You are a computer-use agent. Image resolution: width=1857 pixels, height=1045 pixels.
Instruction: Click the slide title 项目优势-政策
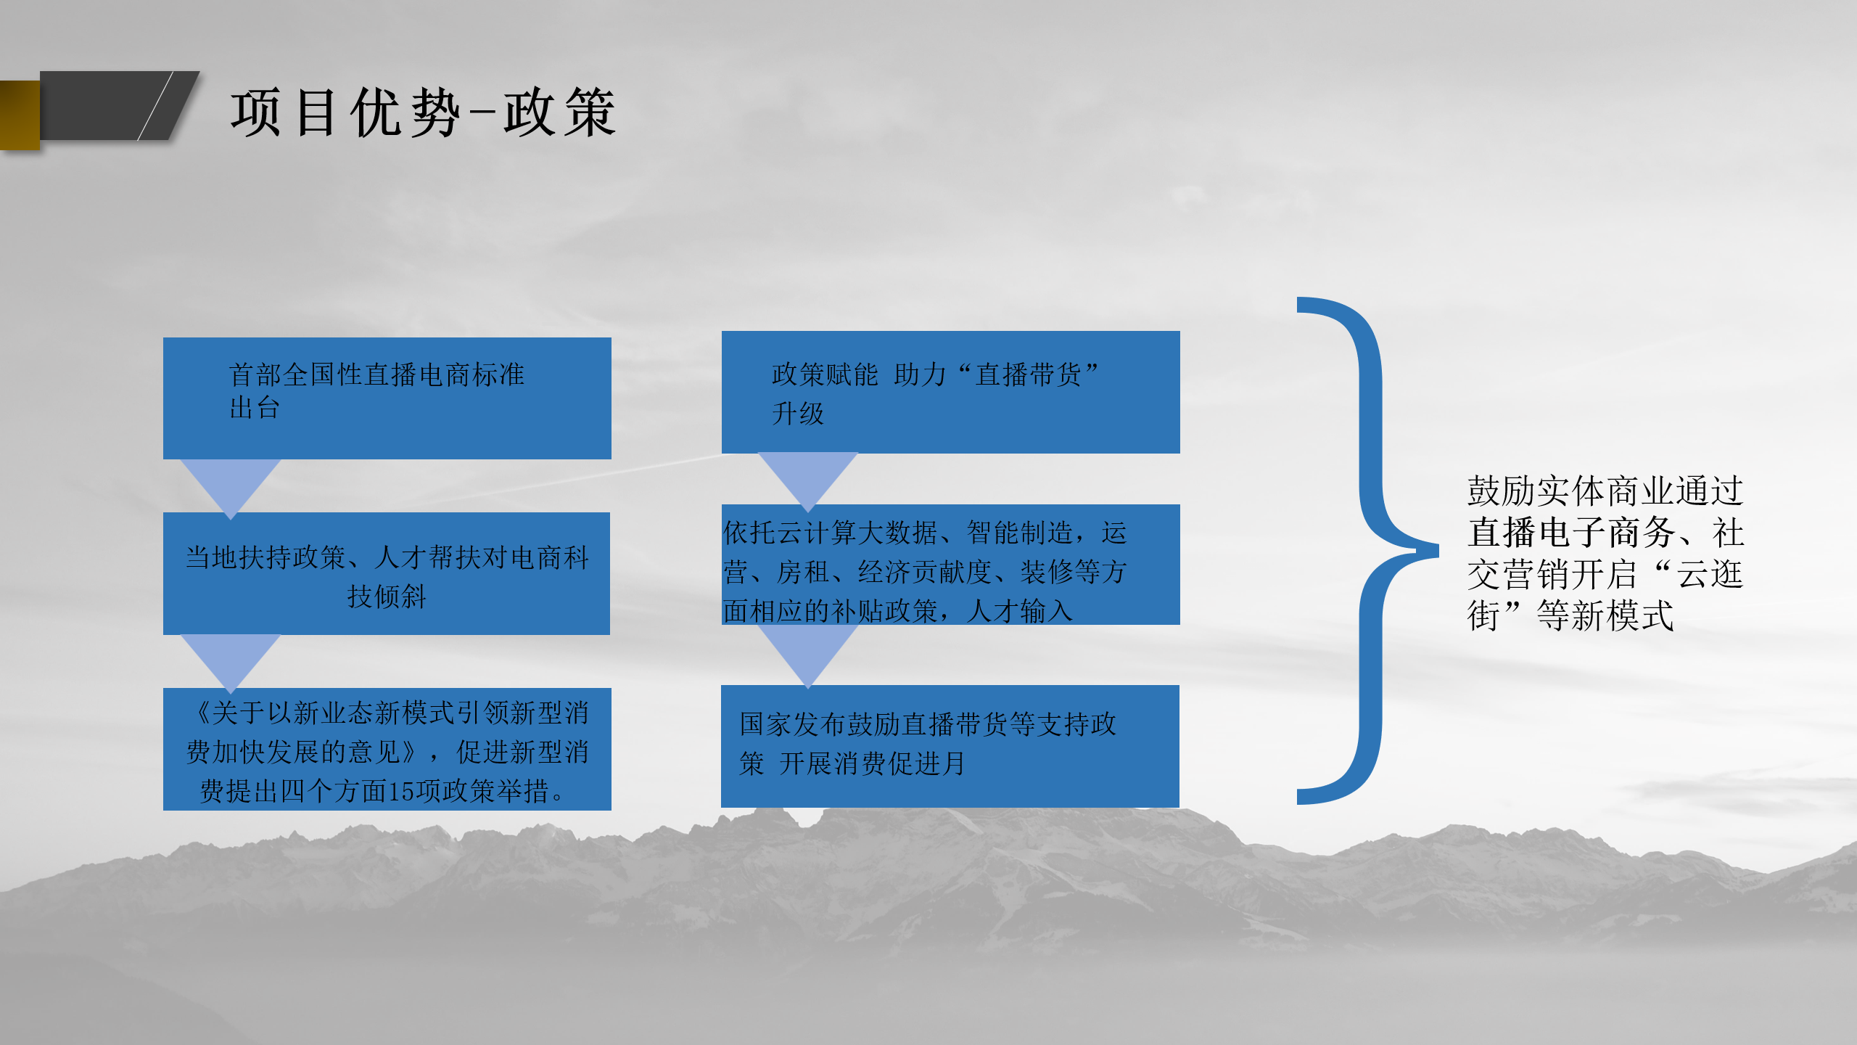pos(424,112)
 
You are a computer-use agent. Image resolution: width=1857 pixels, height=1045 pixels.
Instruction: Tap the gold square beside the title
pos(20,115)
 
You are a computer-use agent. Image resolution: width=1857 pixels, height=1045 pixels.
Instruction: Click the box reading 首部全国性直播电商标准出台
pos(387,398)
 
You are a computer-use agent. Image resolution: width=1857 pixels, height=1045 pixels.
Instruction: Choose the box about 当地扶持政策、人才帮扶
pos(387,573)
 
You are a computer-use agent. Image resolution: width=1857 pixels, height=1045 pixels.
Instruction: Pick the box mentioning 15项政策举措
pos(387,749)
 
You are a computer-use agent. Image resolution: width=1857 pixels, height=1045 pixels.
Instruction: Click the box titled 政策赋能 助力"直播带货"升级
pos(950,392)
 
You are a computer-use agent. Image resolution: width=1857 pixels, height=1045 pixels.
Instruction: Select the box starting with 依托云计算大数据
pos(950,565)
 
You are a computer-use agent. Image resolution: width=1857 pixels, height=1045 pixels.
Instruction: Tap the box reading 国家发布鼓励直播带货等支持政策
pos(950,746)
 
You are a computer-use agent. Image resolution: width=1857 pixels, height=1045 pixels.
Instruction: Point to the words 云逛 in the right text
pos(1710,574)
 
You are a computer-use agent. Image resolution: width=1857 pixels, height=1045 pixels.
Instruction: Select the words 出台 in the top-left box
pos(255,408)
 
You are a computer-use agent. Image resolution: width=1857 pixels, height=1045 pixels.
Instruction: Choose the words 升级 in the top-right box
pos(798,414)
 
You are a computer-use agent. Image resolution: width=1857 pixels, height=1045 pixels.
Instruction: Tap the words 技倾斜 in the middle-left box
pos(387,597)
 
